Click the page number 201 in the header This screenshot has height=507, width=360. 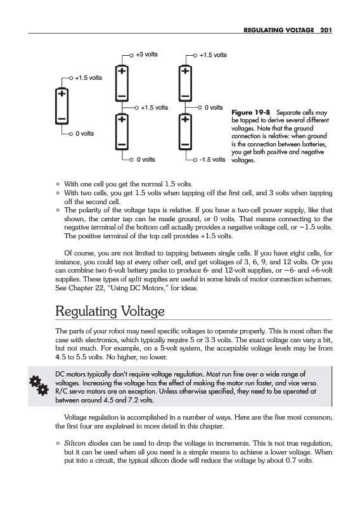tap(326, 30)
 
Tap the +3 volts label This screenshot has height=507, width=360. tap(146, 55)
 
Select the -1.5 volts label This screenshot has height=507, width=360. tap(212, 160)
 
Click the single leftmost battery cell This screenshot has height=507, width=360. tap(61, 106)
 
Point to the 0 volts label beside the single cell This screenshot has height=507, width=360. tap(85, 134)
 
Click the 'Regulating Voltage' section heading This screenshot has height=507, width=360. tap(110, 311)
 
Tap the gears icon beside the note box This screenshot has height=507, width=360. tap(39, 385)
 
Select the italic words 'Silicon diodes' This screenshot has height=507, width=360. tap(86, 443)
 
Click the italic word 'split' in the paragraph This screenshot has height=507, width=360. tap(135, 279)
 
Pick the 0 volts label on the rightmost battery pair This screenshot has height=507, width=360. tap(214, 107)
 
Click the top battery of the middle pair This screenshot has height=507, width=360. tap(122, 84)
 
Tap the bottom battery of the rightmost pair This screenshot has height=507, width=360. tap(185, 132)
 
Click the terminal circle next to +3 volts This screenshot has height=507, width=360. tap(131, 56)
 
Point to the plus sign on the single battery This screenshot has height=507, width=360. tap(61, 94)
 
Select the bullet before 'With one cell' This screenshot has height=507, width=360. tap(58, 184)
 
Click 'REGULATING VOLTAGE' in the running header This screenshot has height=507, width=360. tap(279, 30)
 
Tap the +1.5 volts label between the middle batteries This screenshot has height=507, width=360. tap(154, 107)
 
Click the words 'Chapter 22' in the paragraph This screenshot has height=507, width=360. tap(86, 288)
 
